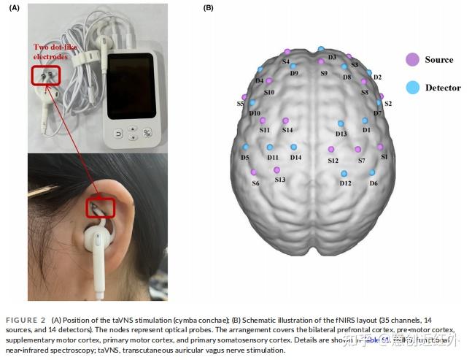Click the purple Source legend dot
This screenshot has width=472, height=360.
click(x=411, y=59)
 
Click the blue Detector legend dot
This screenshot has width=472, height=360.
click(x=411, y=88)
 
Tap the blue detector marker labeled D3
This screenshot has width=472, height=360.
click(x=321, y=49)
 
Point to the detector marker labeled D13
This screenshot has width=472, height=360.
click(x=341, y=123)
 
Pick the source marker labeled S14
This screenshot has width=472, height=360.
click(x=285, y=120)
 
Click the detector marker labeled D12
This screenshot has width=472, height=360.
click(x=344, y=173)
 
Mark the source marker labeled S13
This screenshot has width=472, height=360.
click(x=276, y=169)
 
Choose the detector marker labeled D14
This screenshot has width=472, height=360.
click(x=293, y=147)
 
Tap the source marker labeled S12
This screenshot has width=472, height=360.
click(x=330, y=149)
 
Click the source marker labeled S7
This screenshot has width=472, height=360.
click(x=358, y=149)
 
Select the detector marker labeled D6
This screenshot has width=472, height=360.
click(x=372, y=172)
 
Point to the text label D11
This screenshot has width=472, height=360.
click(x=273, y=157)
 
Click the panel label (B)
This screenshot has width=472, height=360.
click(x=208, y=8)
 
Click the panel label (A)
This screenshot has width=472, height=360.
click(x=15, y=8)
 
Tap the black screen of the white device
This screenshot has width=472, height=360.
click(x=131, y=87)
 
